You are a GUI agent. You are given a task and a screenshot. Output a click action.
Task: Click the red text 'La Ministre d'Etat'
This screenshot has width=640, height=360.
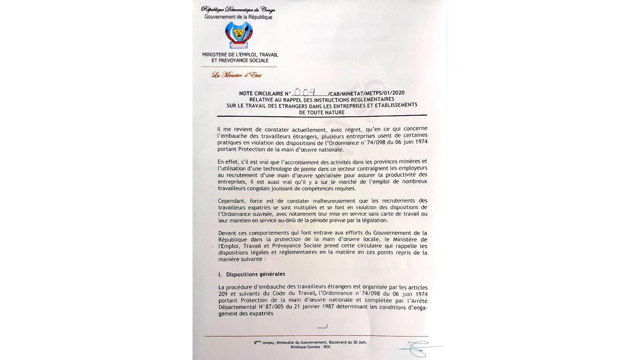click(236, 75)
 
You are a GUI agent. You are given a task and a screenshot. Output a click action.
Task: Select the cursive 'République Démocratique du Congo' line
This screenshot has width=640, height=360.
click(238, 10)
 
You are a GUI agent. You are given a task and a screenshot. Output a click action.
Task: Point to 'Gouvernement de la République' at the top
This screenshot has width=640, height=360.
click(238, 17)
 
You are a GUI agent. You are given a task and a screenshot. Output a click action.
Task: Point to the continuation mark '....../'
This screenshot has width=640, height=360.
click(322, 326)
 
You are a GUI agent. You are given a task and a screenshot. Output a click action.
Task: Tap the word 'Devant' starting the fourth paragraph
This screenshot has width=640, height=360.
click(227, 233)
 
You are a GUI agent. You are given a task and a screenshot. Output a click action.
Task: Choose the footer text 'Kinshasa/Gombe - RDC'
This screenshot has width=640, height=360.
click(311, 347)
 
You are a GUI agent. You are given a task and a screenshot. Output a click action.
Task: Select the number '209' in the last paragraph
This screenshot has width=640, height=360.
click(223, 294)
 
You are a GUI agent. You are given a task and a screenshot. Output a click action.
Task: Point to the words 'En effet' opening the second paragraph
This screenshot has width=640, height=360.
click(228, 161)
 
